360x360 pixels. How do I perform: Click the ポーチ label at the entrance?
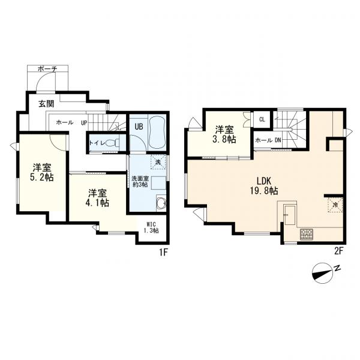click(x=47, y=68)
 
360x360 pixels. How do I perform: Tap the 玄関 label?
click(x=46, y=104)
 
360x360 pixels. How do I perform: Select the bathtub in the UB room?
click(x=157, y=133)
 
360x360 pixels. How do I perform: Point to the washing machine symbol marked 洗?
click(x=158, y=162)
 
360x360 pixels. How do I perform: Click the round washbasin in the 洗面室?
click(x=161, y=203)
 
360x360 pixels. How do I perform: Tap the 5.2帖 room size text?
click(x=42, y=177)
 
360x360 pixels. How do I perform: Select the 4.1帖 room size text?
click(x=97, y=203)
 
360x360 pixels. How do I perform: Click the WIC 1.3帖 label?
click(x=151, y=227)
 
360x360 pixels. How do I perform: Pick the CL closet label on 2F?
click(x=262, y=119)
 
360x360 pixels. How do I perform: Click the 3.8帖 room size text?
click(x=224, y=140)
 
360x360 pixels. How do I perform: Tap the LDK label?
click(x=264, y=181)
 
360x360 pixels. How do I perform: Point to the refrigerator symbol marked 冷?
click(x=335, y=205)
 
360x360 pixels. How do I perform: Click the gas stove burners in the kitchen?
click(x=306, y=234)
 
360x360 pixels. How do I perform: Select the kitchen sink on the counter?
click(x=290, y=215)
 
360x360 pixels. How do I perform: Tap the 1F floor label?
click(x=164, y=252)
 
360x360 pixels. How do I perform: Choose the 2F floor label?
click(x=338, y=251)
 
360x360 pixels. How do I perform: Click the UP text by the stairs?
click(x=84, y=123)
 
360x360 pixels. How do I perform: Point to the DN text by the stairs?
click(x=278, y=140)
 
